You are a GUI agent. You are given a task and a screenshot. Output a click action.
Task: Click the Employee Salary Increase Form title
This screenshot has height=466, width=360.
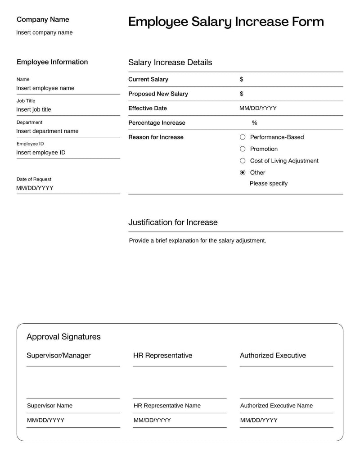pyautogui.click(x=225, y=22)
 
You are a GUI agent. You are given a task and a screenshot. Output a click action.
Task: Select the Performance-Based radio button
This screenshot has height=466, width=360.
pyautogui.click(x=243, y=137)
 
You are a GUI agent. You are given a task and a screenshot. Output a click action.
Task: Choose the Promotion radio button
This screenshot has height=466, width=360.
pyautogui.click(x=243, y=149)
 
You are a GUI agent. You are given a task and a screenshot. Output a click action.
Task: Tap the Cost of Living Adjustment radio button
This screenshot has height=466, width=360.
pyautogui.click(x=243, y=161)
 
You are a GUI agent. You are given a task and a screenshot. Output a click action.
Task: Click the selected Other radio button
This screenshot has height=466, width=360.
pyautogui.click(x=243, y=172)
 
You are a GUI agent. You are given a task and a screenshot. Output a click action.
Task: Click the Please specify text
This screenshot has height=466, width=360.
pyautogui.click(x=268, y=183)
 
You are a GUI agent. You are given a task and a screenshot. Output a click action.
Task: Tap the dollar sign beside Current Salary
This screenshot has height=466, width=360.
pyautogui.click(x=242, y=79)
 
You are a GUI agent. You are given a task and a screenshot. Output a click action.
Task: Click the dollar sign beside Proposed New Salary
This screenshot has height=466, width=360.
pyautogui.click(x=242, y=94)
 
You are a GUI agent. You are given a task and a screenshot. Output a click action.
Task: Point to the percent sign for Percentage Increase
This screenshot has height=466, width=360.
pyautogui.click(x=254, y=123)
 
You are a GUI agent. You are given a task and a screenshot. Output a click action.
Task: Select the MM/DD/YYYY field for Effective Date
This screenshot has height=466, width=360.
pyautogui.click(x=258, y=108)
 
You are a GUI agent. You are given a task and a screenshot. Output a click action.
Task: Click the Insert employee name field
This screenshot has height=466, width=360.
pyautogui.click(x=45, y=88)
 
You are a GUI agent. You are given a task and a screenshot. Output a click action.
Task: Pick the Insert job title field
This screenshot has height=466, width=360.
pyautogui.click(x=34, y=109)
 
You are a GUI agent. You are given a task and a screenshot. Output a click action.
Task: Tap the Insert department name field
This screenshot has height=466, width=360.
pyautogui.click(x=47, y=131)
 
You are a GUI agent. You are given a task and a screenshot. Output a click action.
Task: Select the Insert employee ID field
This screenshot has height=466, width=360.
pyautogui.click(x=41, y=153)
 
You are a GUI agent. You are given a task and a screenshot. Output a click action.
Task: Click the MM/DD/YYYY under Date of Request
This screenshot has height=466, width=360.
pyautogui.click(x=35, y=188)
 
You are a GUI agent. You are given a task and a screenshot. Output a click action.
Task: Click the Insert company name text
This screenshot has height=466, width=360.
pyautogui.click(x=44, y=32)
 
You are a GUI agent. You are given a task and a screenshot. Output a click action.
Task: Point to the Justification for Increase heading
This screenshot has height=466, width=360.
pyautogui.click(x=173, y=222)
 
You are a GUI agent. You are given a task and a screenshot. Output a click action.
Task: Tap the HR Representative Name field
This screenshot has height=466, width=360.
pyautogui.click(x=167, y=406)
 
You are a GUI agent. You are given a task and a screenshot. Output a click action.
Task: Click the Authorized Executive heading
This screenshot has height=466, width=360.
pyautogui.click(x=273, y=356)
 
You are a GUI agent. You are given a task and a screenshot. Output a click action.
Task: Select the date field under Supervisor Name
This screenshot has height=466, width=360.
pyautogui.click(x=45, y=420)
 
